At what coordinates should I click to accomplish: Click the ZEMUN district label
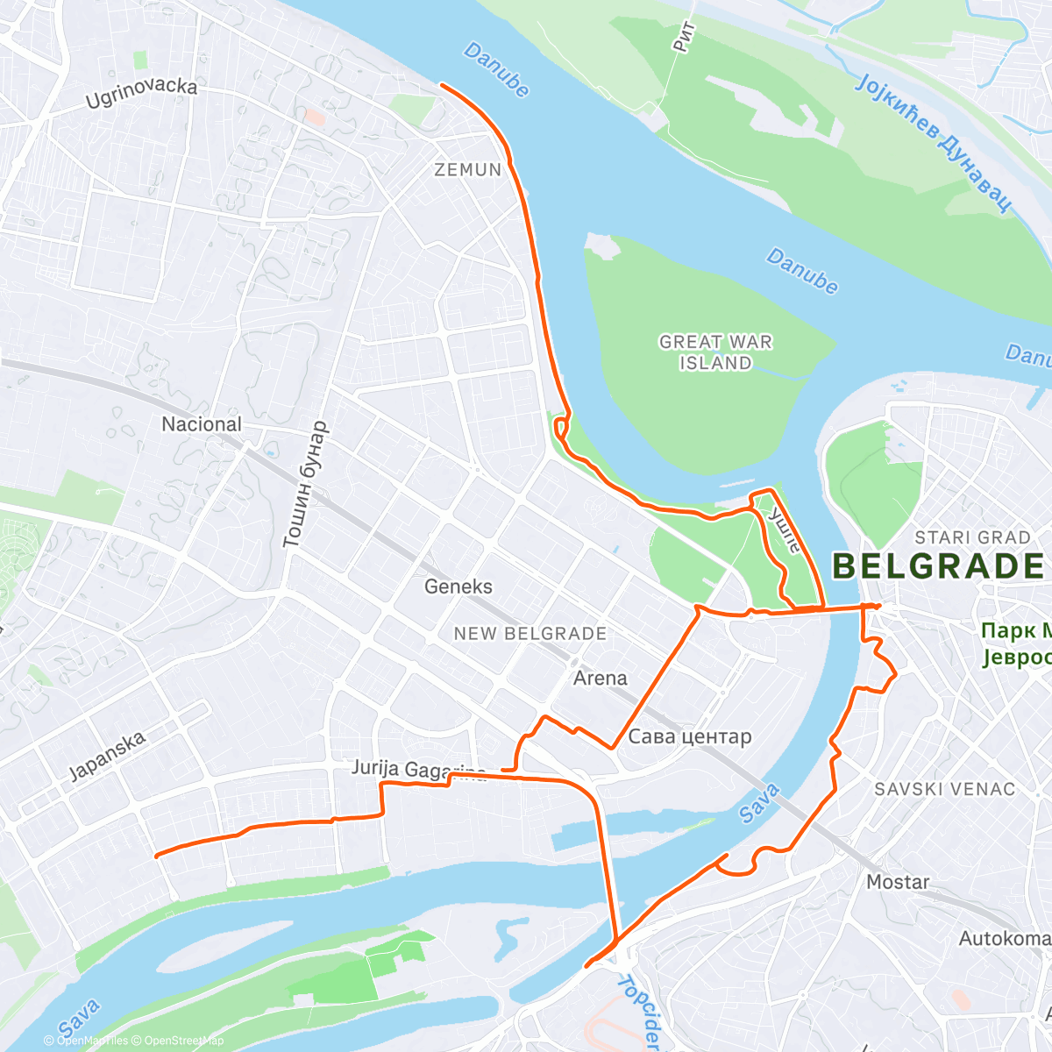click(468, 169)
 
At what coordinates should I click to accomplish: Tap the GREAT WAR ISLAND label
click(715, 352)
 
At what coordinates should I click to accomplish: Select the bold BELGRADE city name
click(938, 566)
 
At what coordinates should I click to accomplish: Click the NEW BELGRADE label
click(530, 633)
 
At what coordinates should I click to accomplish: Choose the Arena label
click(600, 678)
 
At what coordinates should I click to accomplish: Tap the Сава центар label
click(690, 736)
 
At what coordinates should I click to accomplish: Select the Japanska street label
click(107, 757)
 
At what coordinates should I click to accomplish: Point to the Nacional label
click(201, 424)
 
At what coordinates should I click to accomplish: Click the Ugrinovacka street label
click(141, 94)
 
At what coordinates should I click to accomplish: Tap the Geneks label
click(458, 586)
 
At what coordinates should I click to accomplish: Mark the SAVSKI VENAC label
click(944, 789)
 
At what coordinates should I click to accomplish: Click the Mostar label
click(898, 882)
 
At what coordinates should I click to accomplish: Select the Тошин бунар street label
click(304, 485)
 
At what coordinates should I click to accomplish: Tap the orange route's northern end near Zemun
click(441, 85)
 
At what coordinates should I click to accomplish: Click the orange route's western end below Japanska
click(156, 856)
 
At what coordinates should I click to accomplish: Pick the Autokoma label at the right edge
click(1004, 939)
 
